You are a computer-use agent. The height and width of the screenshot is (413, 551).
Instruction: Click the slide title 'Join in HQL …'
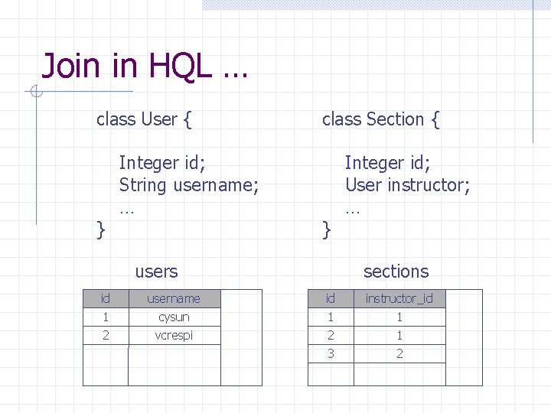coord(145,66)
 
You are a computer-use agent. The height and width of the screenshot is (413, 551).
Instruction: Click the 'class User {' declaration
coord(144,119)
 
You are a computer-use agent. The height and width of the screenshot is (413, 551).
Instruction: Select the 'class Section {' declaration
coord(380,119)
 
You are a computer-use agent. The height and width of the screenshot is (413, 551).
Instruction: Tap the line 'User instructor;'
coord(407,185)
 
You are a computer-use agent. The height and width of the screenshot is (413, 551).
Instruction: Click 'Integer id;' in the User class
coord(162,163)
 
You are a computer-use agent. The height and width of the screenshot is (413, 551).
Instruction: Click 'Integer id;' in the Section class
coord(388,163)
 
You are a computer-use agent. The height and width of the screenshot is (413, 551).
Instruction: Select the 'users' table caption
coord(156,272)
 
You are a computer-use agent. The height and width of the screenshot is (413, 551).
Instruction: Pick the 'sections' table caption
coord(396,272)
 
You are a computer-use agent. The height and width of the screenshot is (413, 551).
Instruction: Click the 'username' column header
coord(174,298)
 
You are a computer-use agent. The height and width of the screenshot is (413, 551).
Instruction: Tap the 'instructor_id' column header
coord(399,298)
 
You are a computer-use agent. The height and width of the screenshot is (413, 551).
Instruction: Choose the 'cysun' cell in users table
coord(174,317)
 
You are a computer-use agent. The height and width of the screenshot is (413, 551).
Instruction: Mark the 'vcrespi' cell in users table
coord(174,335)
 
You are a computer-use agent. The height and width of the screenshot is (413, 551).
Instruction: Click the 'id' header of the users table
coord(106,298)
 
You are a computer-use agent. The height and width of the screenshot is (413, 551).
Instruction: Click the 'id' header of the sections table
coord(331,298)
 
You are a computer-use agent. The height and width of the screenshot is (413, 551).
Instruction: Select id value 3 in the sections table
coord(331,353)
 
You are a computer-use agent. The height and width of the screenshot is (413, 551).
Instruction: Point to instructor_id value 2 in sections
coord(399,353)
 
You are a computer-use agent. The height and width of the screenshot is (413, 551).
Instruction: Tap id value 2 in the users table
coord(106,335)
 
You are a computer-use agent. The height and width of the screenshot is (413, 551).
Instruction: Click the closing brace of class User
coord(100,228)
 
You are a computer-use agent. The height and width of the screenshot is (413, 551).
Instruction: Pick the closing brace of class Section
coord(327,228)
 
